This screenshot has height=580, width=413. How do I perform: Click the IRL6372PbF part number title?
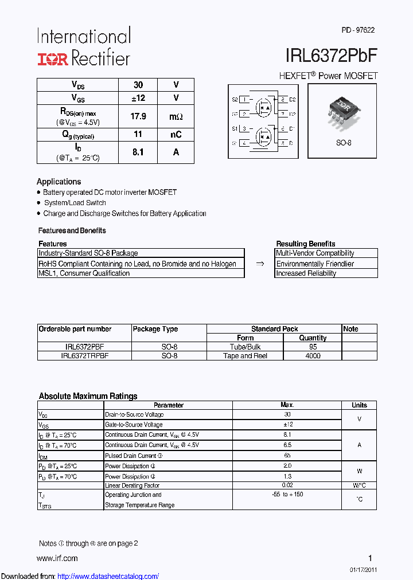click(x=331, y=56)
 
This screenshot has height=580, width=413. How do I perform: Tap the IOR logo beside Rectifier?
click(x=53, y=58)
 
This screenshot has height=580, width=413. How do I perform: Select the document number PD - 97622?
click(x=358, y=30)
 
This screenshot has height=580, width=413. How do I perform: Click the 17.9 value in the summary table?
click(x=138, y=116)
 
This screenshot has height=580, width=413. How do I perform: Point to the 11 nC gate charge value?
click(x=138, y=135)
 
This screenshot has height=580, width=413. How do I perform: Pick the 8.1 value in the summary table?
click(x=138, y=152)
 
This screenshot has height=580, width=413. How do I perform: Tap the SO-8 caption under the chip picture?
click(x=343, y=143)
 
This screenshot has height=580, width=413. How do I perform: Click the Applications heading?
click(x=59, y=182)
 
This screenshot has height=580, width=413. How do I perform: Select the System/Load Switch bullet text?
click(x=75, y=203)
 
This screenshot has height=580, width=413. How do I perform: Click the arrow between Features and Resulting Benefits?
click(x=260, y=264)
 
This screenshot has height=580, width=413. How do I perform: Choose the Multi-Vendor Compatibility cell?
click(x=315, y=253)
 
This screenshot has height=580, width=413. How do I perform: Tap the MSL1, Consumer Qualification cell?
click(x=84, y=273)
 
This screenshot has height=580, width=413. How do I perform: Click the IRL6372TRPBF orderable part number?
click(x=84, y=356)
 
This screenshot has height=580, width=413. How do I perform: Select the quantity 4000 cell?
click(x=313, y=356)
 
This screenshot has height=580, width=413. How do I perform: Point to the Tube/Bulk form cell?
click(x=245, y=347)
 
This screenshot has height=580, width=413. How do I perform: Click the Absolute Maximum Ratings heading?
click(x=88, y=396)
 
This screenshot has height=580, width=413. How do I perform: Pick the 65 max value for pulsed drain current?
click(x=287, y=456)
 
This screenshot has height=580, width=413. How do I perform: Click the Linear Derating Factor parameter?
click(x=132, y=486)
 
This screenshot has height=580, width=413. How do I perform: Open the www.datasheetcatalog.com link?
click(x=108, y=576)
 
